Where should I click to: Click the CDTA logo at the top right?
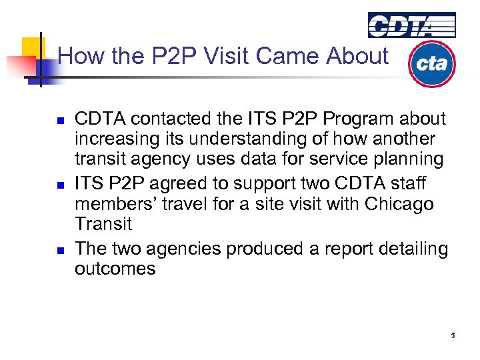tap(412, 25)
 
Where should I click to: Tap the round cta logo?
tap(431, 64)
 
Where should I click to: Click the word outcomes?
tap(115, 269)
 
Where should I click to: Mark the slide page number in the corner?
tap(453, 335)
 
